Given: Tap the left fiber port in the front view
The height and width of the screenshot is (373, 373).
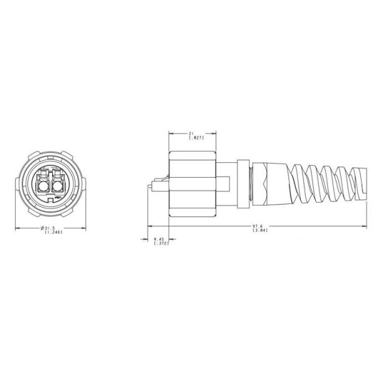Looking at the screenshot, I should coord(43,185).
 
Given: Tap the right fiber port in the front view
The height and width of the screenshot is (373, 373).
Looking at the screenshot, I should coord(59,185).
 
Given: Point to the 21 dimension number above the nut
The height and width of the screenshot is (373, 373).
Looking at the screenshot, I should coord(192,132).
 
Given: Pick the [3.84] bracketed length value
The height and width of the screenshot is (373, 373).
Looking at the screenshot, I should coord(260,231).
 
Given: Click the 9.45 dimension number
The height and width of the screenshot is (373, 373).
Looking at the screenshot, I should coord(159,238).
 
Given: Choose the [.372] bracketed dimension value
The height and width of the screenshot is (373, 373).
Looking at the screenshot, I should coord(160,243).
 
